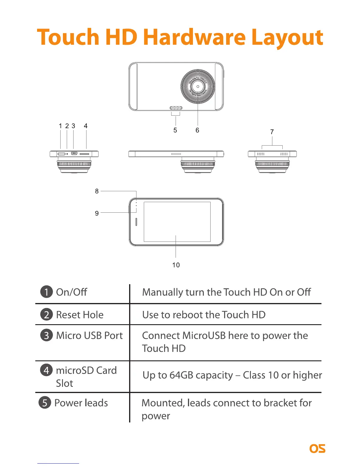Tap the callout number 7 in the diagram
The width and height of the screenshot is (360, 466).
click(x=272, y=132)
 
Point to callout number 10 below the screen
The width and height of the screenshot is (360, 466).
click(x=176, y=265)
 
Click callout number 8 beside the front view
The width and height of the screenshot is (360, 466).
click(x=97, y=191)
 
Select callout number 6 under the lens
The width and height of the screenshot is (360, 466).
click(x=197, y=130)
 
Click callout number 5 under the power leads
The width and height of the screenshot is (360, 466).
click(x=175, y=130)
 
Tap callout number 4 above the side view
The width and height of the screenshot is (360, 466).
click(x=86, y=126)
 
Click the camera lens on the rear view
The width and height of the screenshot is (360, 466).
click(x=198, y=86)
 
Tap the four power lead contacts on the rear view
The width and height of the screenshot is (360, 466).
click(x=176, y=108)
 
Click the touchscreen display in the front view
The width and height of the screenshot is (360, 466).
click(x=177, y=222)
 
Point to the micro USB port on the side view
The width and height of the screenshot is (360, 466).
click(x=74, y=153)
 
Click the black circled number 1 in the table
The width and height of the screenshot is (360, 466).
click(x=46, y=292)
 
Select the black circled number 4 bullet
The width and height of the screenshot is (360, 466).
click(x=46, y=370)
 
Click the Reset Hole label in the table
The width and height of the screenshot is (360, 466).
click(x=80, y=315)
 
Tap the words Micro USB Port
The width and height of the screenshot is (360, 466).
click(x=89, y=336)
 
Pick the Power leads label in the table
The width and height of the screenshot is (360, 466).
click(x=81, y=403)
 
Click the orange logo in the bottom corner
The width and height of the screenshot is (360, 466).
click(x=317, y=448)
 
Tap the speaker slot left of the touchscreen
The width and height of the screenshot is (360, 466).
click(x=136, y=222)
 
